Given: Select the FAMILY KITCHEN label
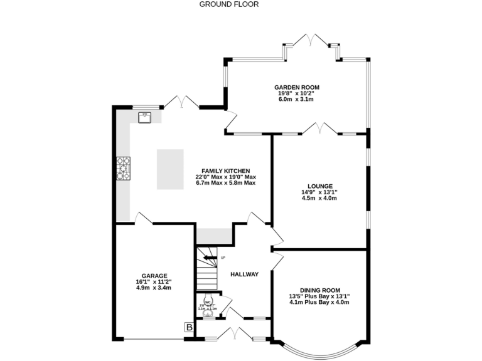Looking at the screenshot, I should coord(225,170).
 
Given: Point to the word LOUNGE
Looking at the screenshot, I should coord(319,186).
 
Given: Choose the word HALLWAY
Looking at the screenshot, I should coord(244,275).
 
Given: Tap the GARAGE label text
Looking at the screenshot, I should coord(154,276).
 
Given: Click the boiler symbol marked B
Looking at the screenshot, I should coord(187,327).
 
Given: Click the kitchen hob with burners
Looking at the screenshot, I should coord(122,168).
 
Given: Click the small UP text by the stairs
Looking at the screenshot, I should coord(223,258).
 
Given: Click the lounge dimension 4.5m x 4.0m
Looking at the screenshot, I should coord(319,199).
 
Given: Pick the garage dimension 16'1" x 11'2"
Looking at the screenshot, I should coord(154,282).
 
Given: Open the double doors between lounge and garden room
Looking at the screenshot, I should coord(319,128).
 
